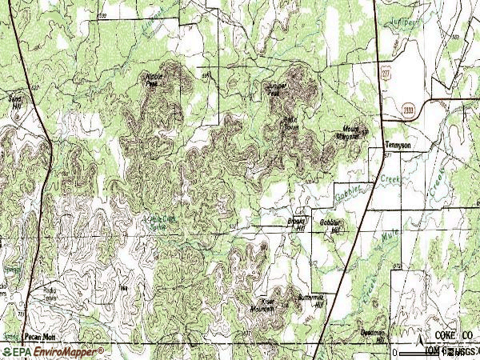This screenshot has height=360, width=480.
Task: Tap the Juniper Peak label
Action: (274, 90)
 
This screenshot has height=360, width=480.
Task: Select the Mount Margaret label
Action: (352, 132)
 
